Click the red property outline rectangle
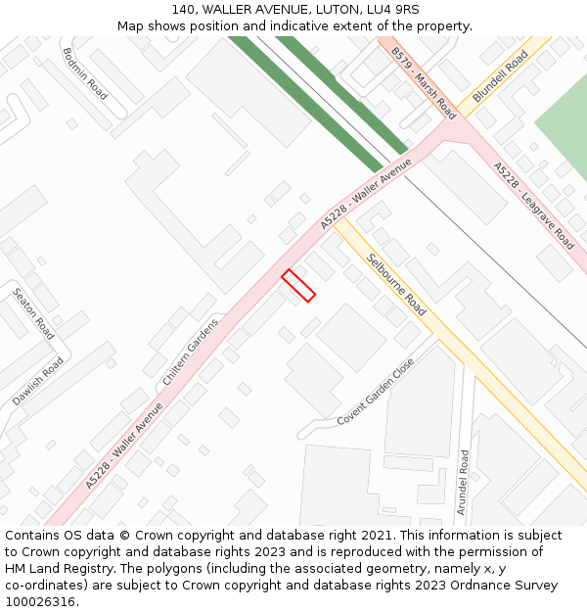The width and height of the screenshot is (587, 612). [x=298, y=285]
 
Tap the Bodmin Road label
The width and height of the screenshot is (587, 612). [x=84, y=73]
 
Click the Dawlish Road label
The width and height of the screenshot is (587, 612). [x=38, y=382]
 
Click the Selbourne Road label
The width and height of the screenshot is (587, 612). [x=396, y=285]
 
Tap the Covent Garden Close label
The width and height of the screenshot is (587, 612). [x=376, y=392]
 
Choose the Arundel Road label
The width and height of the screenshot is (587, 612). [x=464, y=482]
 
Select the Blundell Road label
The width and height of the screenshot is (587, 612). [x=500, y=77]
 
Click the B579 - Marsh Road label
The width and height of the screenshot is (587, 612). [x=424, y=81]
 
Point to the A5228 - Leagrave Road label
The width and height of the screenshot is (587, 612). [x=533, y=206]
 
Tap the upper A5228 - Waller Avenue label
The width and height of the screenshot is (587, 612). [x=367, y=195]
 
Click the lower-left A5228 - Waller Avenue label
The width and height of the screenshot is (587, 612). [x=123, y=446]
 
